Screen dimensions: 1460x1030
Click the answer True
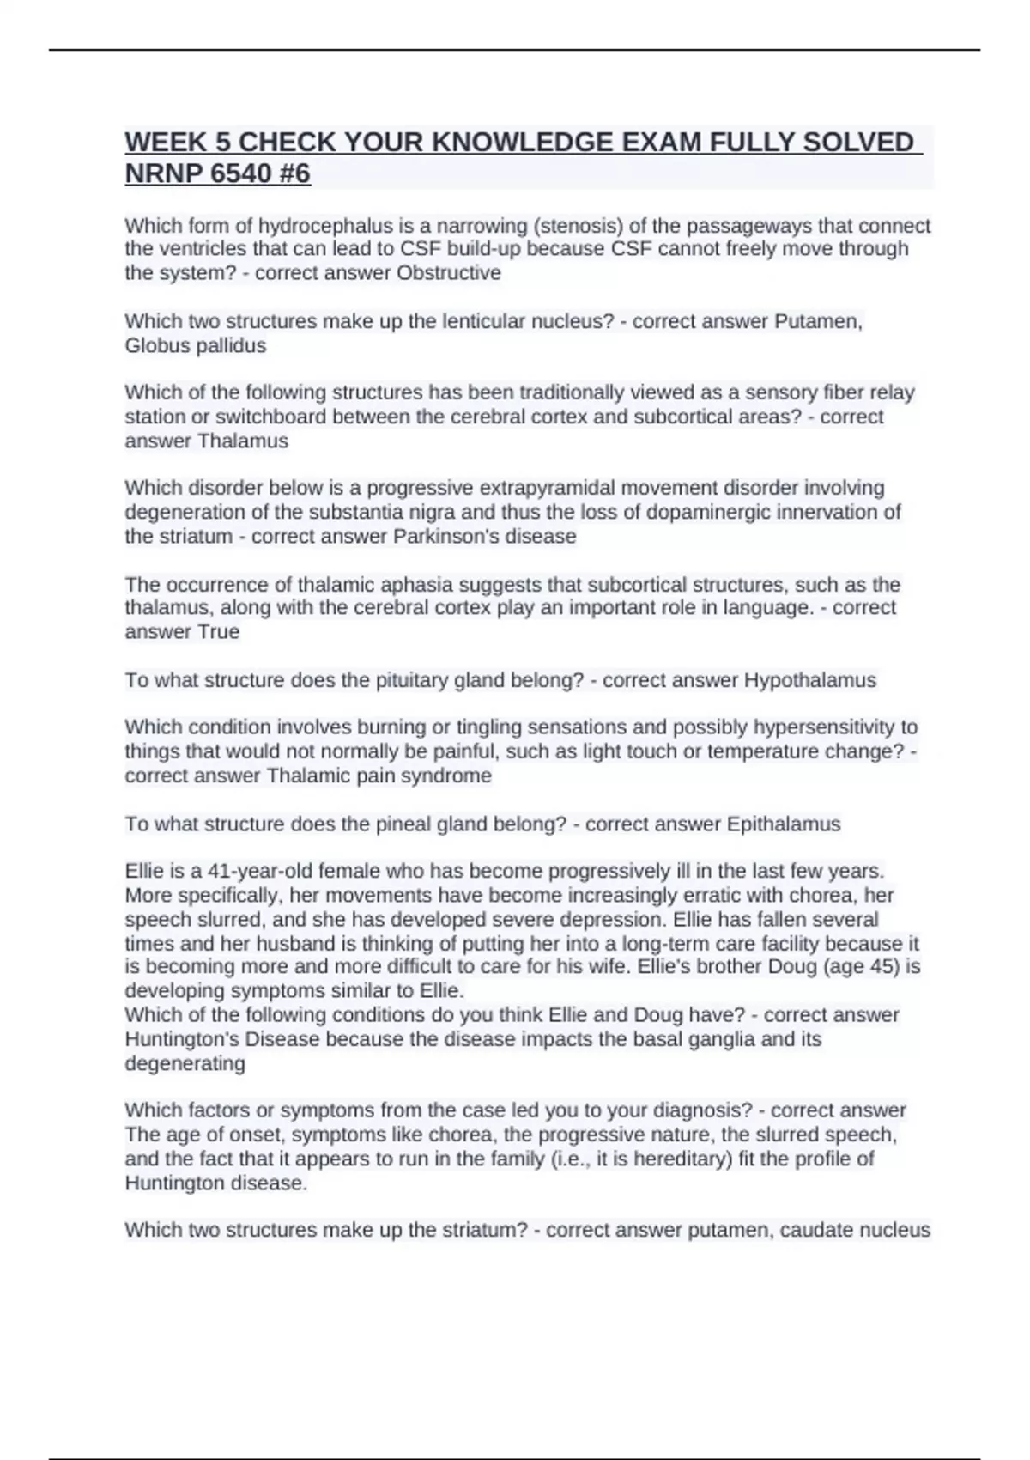(219, 632)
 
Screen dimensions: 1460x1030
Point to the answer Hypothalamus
(809, 680)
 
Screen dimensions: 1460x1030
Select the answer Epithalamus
(783, 824)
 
